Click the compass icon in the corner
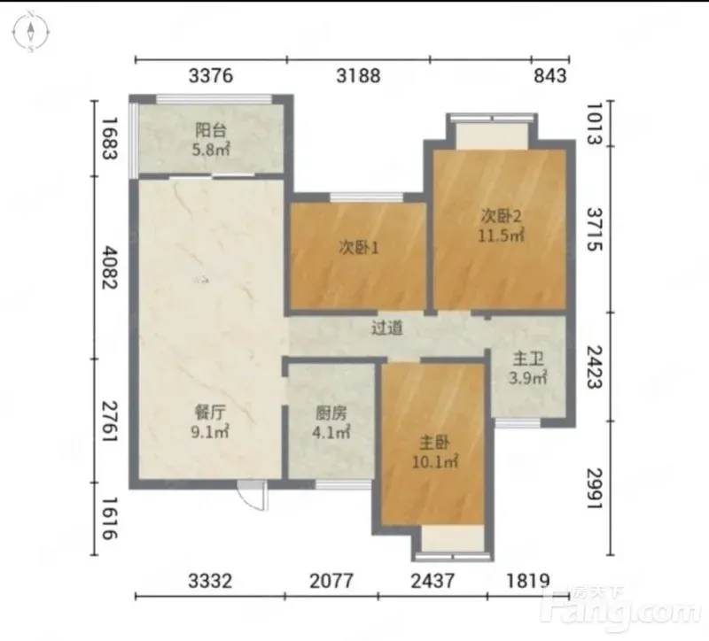(x=31, y=32)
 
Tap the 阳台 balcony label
(x=211, y=130)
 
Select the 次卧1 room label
(x=359, y=248)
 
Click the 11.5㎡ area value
(x=501, y=236)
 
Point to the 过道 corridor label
(x=387, y=328)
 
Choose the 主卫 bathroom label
(x=527, y=359)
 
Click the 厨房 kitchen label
(x=331, y=413)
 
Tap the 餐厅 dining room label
(x=210, y=413)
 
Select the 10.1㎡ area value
(x=435, y=461)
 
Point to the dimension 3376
(x=211, y=75)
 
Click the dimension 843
(x=549, y=75)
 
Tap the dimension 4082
(x=110, y=267)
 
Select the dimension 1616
(x=110, y=519)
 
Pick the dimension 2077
(x=331, y=581)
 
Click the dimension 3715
(x=595, y=229)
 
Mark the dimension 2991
(x=595, y=489)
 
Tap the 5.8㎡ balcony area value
(x=211, y=150)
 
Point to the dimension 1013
(x=595, y=124)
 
